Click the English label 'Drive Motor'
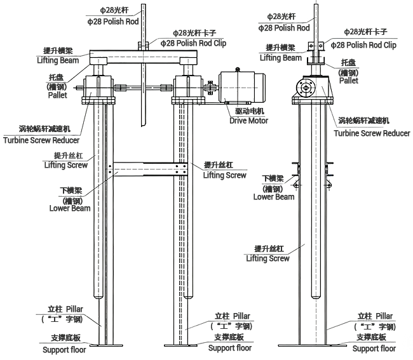tap(248, 121)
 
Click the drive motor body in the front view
tap(242, 86)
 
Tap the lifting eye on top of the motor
tap(238, 69)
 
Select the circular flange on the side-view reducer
tap(306, 88)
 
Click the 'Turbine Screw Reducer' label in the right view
tap(372, 133)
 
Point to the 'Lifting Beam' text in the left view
tap(58, 60)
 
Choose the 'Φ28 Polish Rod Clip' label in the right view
tap(363, 45)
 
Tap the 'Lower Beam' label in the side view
tap(274, 197)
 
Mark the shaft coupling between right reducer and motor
tap(210, 88)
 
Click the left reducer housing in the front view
tap(98, 86)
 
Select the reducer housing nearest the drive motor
tap(188, 86)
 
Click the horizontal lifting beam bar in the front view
tap(144, 57)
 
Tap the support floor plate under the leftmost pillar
tap(106, 345)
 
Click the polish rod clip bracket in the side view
tap(316, 46)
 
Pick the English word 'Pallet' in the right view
tap(348, 81)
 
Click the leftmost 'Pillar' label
tap(74, 309)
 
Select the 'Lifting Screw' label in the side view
tap(267, 258)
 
